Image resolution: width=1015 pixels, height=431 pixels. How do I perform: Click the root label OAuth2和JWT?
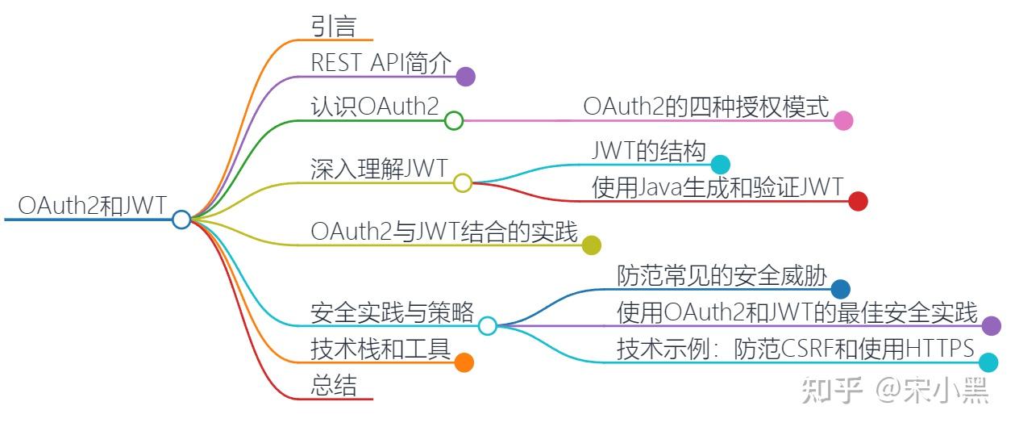click(92, 206)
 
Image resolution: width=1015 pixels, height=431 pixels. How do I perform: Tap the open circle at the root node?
click(181, 219)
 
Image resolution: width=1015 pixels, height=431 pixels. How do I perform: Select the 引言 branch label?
click(334, 27)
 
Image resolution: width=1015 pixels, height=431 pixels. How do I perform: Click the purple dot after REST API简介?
click(465, 77)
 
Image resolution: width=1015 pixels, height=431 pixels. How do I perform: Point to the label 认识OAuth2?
click(374, 107)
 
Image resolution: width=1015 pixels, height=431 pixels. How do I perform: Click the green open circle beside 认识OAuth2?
click(454, 121)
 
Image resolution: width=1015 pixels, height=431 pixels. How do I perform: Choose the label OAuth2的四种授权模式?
click(706, 107)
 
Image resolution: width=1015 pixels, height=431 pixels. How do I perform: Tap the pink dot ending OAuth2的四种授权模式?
click(843, 121)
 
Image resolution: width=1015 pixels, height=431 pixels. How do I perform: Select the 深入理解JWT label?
click(379, 169)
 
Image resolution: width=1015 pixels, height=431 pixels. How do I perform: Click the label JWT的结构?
click(649, 151)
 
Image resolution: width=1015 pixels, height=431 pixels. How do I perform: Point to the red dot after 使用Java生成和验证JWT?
click(858, 201)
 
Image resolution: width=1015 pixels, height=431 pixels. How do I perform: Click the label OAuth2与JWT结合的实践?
click(444, 232)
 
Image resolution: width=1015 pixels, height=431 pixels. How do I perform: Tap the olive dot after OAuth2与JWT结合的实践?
click(592, 245)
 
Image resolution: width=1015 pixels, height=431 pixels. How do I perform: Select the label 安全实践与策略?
click(393, 312)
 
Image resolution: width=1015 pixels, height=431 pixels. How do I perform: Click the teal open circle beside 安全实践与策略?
click(487, 325)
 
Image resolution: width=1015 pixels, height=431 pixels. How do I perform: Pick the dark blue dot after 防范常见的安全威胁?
click(841, 289)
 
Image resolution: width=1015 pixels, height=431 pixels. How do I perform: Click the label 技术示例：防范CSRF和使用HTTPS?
click(796, 349)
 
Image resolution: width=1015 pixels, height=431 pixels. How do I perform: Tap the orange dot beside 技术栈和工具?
click(464, 362)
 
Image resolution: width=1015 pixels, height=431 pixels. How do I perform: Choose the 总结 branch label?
click(334, 385)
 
